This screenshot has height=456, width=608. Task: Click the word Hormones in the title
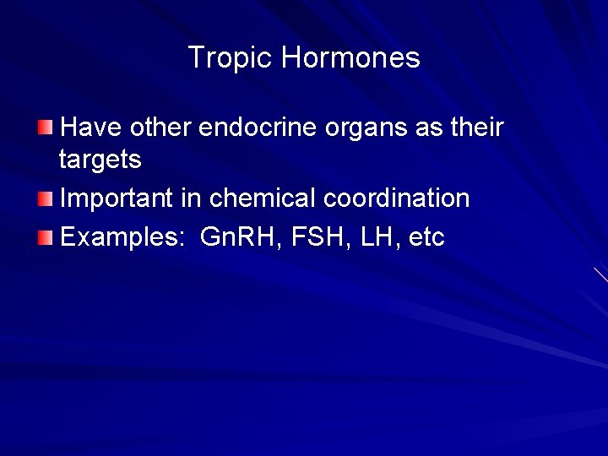(x=350, y=58)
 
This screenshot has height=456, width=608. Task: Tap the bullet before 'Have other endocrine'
(x=45, y=128)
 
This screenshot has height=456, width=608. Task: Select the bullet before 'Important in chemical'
(x=45, y=198)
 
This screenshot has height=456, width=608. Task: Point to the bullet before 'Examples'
(x=45, y=238)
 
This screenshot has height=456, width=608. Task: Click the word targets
(x=100, y=160)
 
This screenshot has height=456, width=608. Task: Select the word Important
(x=117, y=199)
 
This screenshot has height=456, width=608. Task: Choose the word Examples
(x=122, y=238)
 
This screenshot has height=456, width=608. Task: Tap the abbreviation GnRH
(x=241, y=238)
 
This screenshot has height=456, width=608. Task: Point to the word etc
(x=426, y=238)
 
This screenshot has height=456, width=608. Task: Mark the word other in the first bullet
(x=160, y=128)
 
